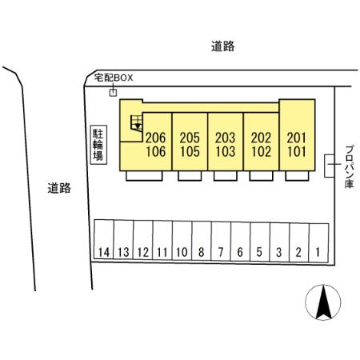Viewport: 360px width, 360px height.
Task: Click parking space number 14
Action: (104, 239)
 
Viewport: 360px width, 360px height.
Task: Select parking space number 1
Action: (318, 242)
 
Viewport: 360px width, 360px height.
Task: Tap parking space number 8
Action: (202, 241)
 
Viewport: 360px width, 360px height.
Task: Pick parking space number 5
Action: (260, 242)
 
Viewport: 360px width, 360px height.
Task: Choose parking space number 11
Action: (162, 240)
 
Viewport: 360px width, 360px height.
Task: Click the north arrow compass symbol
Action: (323, 302)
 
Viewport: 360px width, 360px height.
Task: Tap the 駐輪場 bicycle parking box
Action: (98, 145)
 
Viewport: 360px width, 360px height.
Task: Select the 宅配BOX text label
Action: (114, 78)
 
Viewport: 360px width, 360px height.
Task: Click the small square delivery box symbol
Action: (114, 93)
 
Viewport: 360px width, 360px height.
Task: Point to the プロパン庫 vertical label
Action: (349, 167)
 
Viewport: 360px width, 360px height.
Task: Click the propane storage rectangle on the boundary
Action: (330, 166)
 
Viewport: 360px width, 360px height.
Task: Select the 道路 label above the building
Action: (223, 46)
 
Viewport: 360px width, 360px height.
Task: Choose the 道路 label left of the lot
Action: (59, 188)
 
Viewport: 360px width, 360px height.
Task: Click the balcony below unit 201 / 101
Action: (297, 176)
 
